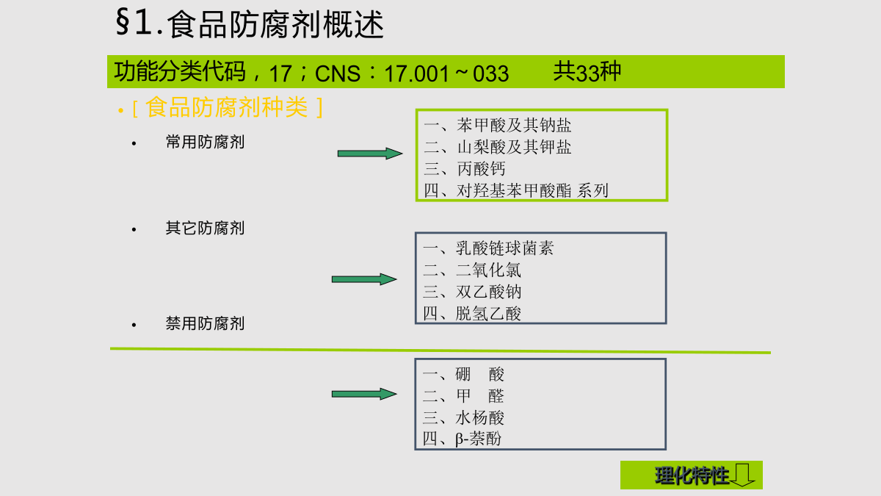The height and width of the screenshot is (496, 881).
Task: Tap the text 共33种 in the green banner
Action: pos(587,72)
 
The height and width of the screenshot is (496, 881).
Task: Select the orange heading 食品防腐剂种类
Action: pos(227,107)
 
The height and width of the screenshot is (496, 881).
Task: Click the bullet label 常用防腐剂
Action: pos(205,142)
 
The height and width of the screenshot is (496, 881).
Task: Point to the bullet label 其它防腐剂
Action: pos(205,229)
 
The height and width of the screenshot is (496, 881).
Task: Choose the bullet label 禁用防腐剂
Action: pos(205,323)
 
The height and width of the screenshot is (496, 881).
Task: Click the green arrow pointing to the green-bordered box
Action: pos(370,154)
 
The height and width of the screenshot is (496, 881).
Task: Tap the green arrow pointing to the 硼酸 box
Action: pos(364,394)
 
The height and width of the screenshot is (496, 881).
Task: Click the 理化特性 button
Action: pos(691,475)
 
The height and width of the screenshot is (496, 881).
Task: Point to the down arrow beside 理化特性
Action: pos(742,475)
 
